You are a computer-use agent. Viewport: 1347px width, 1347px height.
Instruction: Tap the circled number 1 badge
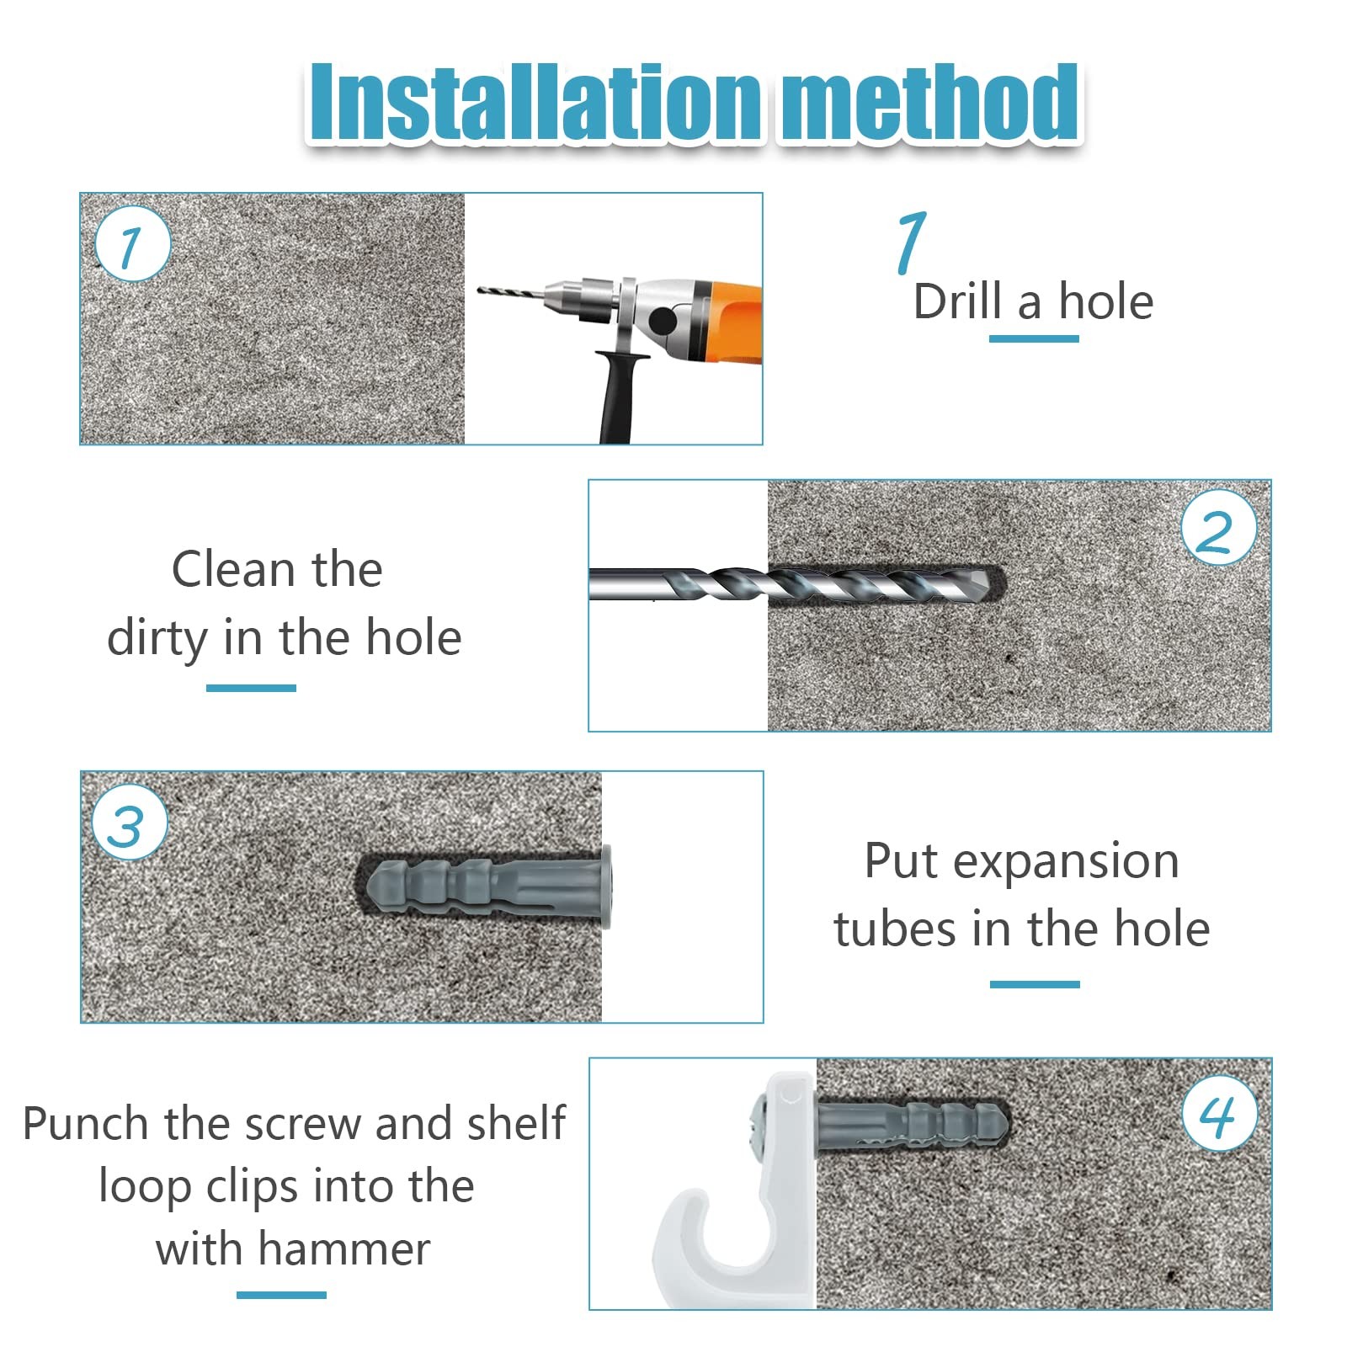[x=132, y=243]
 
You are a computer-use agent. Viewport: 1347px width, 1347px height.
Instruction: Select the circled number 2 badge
[x=1218, y=528]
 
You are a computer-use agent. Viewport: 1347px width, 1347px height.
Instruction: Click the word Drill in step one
[x=958, y=301]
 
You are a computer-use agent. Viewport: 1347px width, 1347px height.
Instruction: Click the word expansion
[x=1066, y=862]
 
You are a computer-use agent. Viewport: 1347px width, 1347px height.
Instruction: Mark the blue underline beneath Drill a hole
[x=1034, y=338]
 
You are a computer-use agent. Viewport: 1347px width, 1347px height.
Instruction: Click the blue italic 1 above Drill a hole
[x=912, y=242]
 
